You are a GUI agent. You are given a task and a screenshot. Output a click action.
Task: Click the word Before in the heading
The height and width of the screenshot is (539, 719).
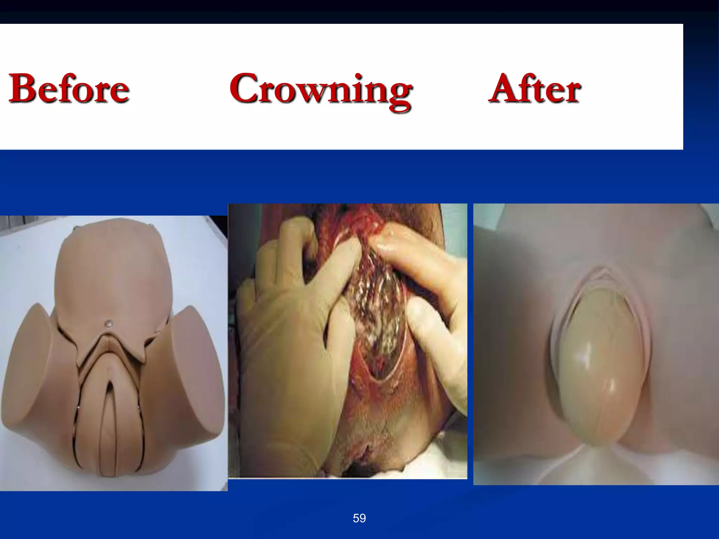pyautogui.click(x=69, y=88)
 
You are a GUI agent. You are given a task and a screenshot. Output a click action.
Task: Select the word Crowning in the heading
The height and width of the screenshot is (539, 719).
pyautogui.click(x=320, y=89)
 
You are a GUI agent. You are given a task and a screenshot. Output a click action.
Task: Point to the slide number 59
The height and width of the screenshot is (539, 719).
pyautogui.click(x=359, y=518)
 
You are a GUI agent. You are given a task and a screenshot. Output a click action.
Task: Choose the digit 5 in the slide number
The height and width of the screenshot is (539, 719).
pyautogui.click(x=356, y=518)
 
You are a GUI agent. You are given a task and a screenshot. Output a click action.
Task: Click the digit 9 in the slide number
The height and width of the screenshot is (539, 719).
pyautogui.click(x=363, y=518)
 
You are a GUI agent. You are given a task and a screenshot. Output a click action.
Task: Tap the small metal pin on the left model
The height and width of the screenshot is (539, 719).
pyautogui.click(x=111, y=322)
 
